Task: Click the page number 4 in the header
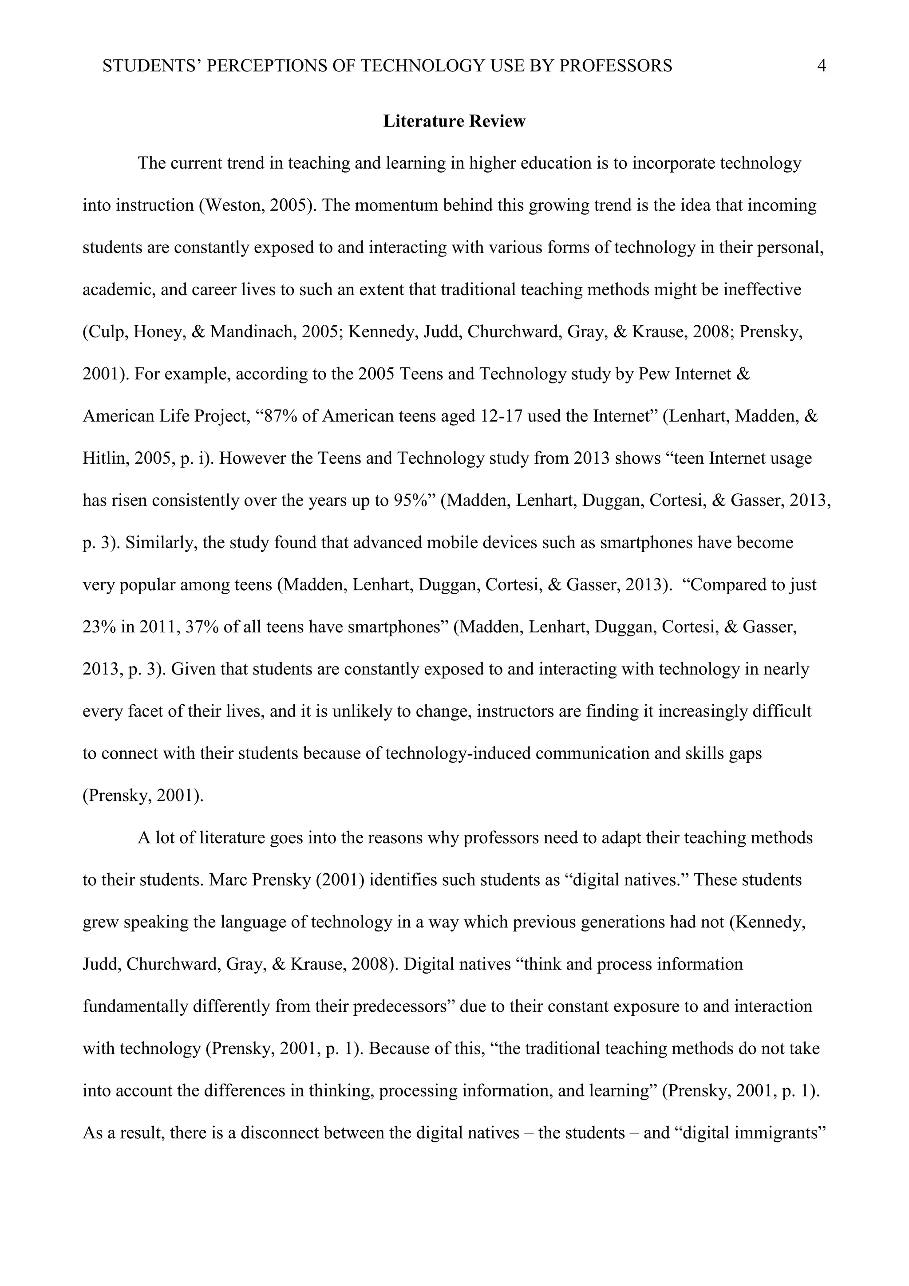point(822,66)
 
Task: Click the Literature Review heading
point(454,121)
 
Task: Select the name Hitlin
point(106,459)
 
